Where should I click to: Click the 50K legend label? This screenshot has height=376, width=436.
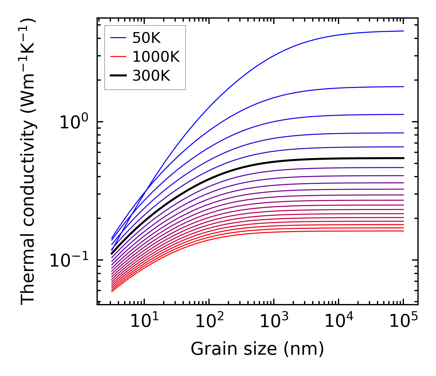click(146, 38)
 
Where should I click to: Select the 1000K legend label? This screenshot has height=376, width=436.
click(156, 57)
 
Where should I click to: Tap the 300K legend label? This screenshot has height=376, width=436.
click(151, 76)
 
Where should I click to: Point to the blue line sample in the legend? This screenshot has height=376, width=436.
click(119, 38)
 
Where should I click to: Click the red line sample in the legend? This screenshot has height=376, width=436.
click(119, 57)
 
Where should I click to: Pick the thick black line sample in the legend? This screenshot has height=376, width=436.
click(119, 76)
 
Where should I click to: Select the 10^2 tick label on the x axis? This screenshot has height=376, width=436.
click(209, 322)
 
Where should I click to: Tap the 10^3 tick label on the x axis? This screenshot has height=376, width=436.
click(274, 322)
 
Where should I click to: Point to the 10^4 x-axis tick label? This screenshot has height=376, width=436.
click(339, 322)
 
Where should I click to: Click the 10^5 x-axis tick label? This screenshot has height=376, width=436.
click(403, 322)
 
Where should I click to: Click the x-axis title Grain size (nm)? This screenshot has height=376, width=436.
click(257, 349)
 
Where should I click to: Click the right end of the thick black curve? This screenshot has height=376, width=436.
click(403, 158)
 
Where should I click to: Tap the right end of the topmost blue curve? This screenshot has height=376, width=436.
click(403, 31)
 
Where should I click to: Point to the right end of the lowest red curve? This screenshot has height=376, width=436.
click(403, 231)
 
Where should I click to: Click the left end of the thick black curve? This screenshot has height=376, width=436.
click(112, 254)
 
